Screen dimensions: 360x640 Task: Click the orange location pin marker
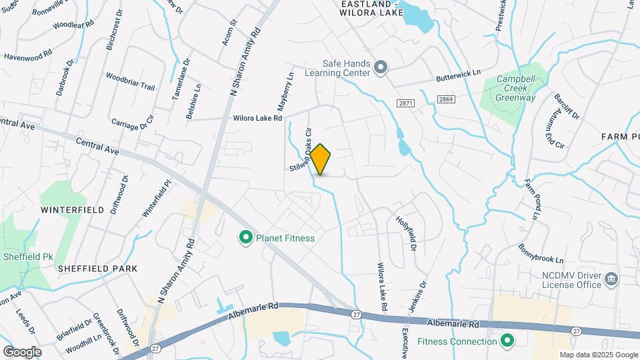click(x=321, y=159)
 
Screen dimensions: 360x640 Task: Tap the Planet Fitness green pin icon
click(x=245, y=237)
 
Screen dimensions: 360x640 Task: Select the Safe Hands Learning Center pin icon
click(x=381, y=67)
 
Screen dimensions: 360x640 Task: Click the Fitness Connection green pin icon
click(x=507, y=342)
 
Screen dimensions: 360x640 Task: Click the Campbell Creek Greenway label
click(x=516, y=88)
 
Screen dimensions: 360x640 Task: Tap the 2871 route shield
click(x=405, y=103)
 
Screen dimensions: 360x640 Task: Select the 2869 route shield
click(x=446, y=99)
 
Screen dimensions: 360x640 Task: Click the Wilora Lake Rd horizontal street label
click(x=257, y=118)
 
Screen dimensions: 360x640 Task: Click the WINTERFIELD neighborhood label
click(x=72, y=209)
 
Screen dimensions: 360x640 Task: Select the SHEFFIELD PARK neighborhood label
click(x=97, y=268)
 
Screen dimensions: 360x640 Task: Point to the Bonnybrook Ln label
click(x=541, y=253)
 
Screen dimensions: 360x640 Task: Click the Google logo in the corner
click(x=22, y=351)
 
